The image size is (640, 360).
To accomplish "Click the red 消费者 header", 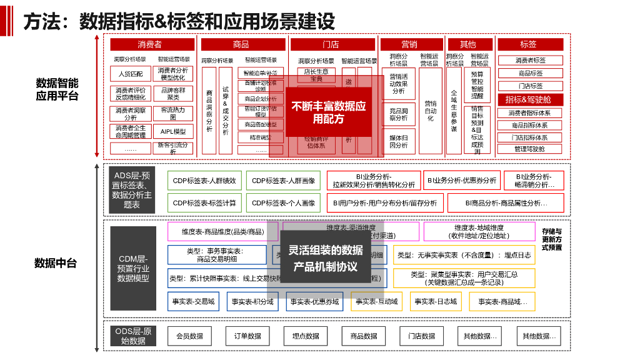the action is tap(150, 44).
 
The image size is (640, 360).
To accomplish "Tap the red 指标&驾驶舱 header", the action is tap(530, 99).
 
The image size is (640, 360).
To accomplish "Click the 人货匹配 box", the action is tap(131, 74).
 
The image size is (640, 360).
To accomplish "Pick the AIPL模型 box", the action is tap(173, 132).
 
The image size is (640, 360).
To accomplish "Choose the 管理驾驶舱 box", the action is tap(530, 149).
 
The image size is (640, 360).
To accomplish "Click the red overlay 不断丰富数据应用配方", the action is tap(329, 112).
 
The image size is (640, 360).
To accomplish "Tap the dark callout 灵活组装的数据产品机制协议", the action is tap(326, 257).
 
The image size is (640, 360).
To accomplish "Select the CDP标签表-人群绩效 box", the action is tap(204, 181).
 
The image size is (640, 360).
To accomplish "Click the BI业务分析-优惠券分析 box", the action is tap(462, 180).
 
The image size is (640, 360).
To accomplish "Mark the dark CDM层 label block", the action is tap(133, 268).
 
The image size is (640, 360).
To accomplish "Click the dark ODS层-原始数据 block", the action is tap(133, 336).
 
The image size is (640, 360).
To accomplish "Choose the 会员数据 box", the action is tap(189, 336).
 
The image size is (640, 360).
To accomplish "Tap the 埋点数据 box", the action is tap(306, 336).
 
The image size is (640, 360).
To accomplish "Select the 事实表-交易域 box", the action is tap(193, 301).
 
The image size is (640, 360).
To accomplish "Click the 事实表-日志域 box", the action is tap(436, 301).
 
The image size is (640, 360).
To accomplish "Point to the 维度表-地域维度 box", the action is tap(479, 232).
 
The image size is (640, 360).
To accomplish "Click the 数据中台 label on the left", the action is tap(56, 263).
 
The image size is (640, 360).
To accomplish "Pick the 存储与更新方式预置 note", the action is tap(552, 239).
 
